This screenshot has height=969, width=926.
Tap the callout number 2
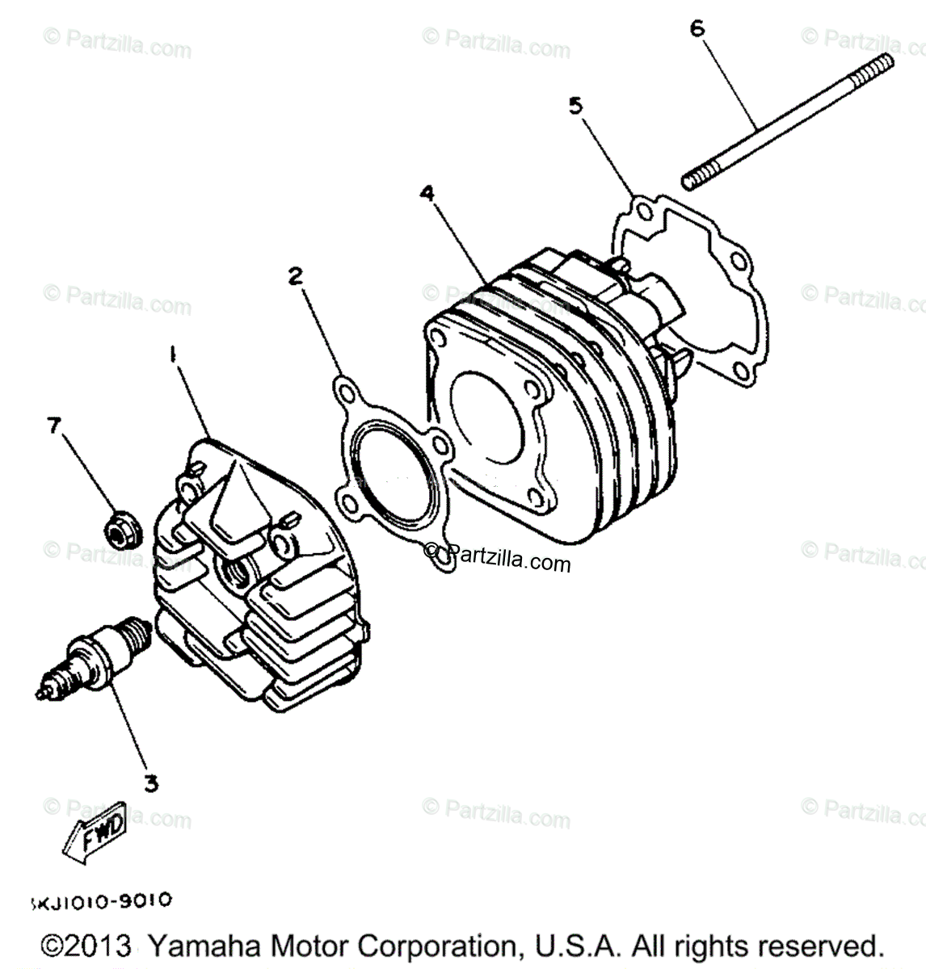(296, 277)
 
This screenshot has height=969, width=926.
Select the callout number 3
(150, 782)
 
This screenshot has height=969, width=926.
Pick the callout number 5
(575, 106)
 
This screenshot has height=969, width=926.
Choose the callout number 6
(697, 29)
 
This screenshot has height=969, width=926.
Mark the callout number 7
(54, 425)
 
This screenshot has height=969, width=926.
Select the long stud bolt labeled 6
(788, 121)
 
